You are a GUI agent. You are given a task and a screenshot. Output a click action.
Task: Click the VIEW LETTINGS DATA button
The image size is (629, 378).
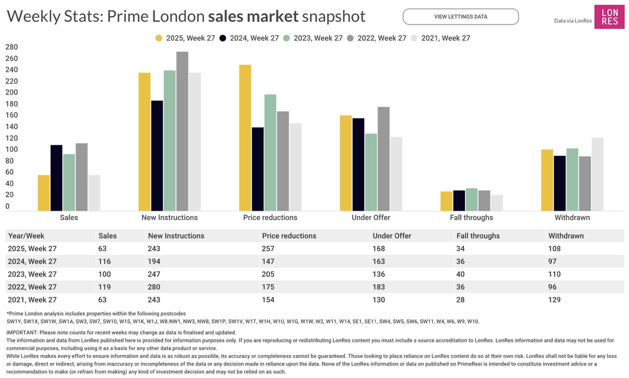(x=460, y=17)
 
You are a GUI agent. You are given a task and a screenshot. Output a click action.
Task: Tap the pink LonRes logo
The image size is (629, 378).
(x=609, y=17)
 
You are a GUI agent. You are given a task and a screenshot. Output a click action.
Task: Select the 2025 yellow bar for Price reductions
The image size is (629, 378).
(x=245, y=138)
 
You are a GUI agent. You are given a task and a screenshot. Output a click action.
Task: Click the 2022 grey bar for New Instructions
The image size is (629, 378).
(x=182, y=131)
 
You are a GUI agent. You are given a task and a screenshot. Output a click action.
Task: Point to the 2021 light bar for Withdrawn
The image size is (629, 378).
(x=597, y=174)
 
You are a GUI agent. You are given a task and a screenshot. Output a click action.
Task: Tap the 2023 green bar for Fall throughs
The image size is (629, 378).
(x=472, y=200)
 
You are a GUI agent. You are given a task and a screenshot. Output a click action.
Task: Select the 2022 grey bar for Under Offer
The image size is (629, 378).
(x=383, y=159)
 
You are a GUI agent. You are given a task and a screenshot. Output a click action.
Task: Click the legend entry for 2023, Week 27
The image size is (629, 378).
(x=313, y=38)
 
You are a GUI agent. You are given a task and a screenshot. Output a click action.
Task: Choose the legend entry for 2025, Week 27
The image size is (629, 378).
(x=185, y=38)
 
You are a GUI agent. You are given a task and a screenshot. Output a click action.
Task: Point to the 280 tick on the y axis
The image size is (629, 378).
(x=11, y=47)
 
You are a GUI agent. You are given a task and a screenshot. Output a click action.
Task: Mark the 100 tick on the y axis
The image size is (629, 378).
(x=11, y=149)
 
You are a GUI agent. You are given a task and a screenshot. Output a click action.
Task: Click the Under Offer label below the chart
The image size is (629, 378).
(x=371, y=217)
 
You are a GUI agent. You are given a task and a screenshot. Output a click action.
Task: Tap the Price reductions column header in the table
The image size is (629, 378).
(x=289, y=236)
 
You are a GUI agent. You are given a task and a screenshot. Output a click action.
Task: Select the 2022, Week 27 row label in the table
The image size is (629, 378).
(x=32, y=287)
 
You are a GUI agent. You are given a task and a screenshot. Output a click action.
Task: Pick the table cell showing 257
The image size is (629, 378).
(x=268, y=249)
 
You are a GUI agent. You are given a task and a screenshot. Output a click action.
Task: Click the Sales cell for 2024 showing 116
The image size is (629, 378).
(x=105, y=262)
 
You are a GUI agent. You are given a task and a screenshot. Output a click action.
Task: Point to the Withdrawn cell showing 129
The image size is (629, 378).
(x=554, y=300)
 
